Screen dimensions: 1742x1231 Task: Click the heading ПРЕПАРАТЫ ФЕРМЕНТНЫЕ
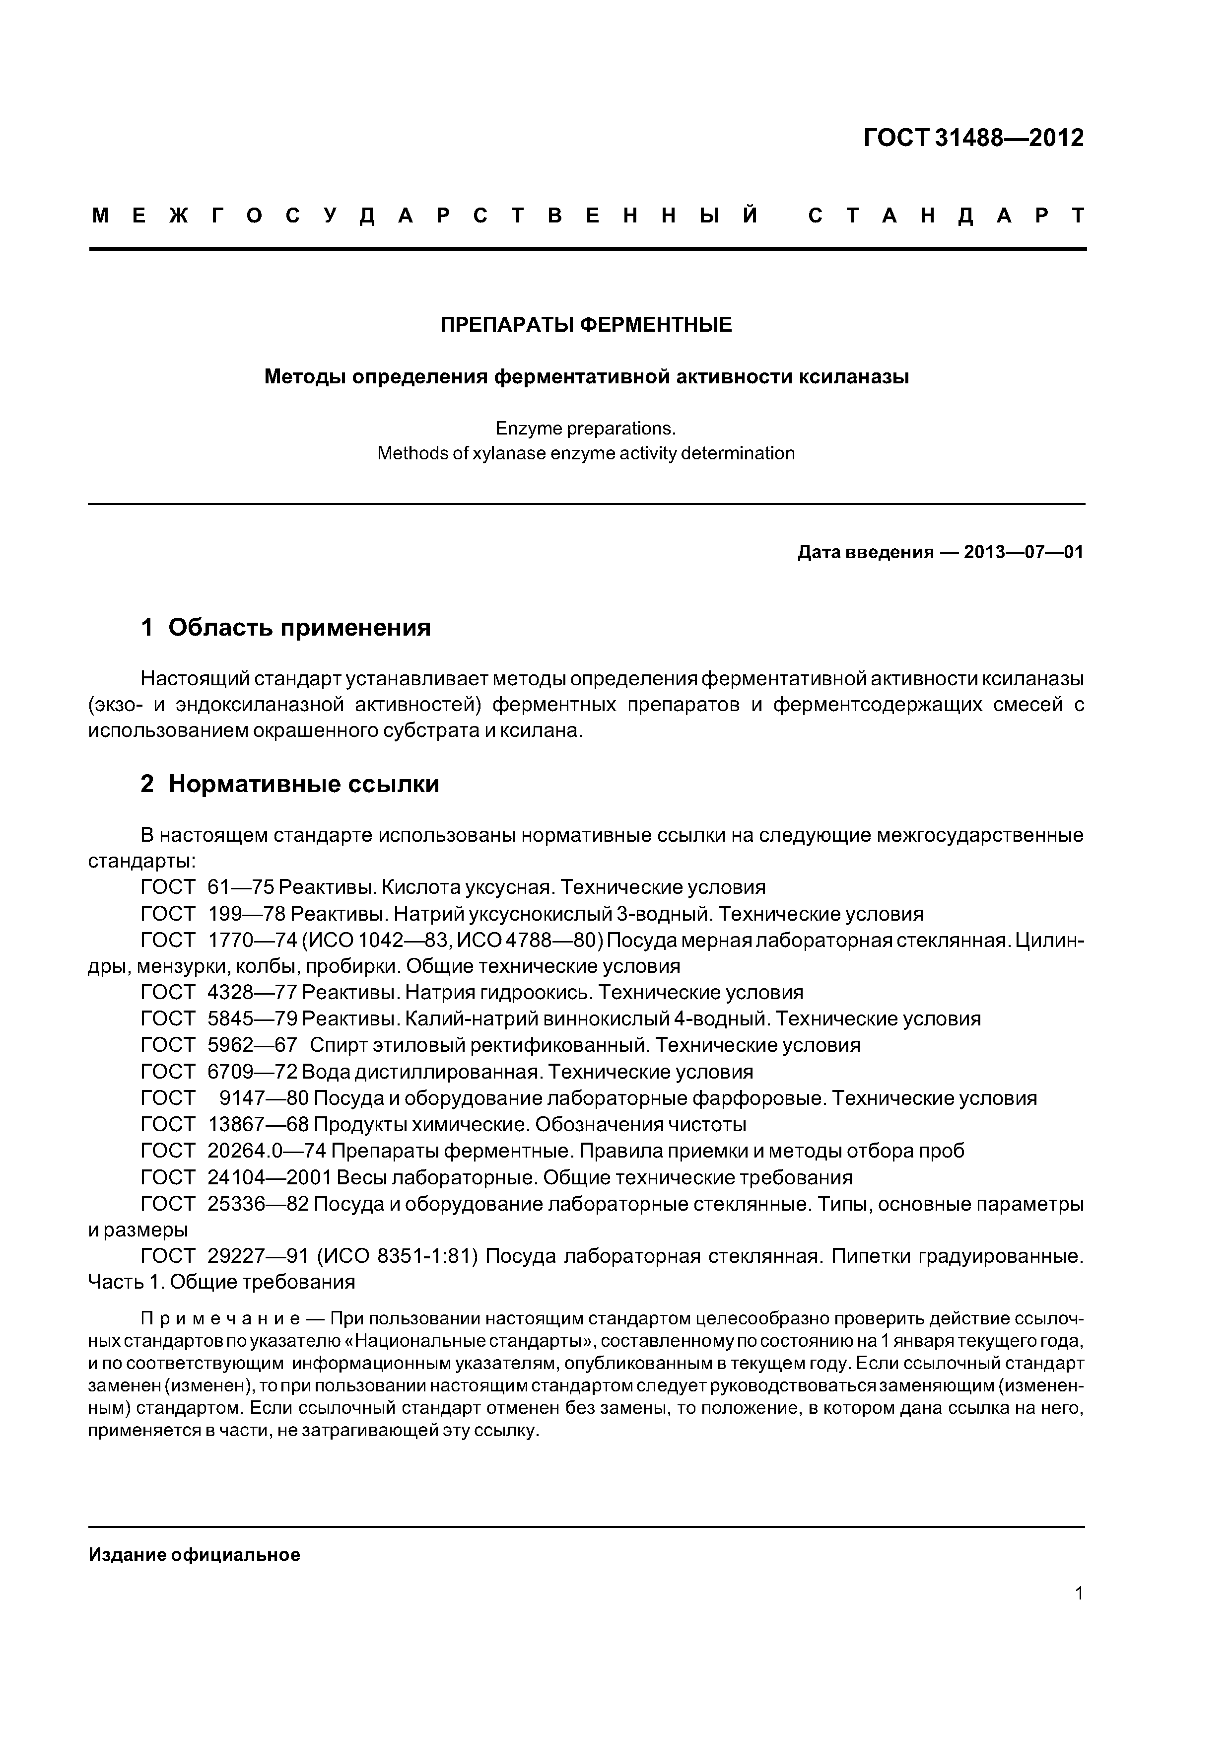pyautogui.click(x=586, y=325)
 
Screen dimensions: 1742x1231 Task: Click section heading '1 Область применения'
pyautogui.click(x=286, y=628)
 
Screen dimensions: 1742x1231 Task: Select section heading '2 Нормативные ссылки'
pyautogui.click(x=290, y=784)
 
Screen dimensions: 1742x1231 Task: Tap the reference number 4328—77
pyautogui.click(x=253, y=992)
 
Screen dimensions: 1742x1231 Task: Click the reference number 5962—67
pyautogui.click(x=253, y=1045)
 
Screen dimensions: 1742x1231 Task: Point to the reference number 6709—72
pyautogui.click(x=253, y=1072)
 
